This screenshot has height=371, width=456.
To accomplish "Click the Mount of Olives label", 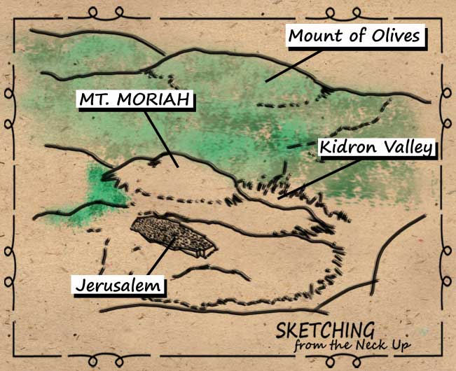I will click(355, 35).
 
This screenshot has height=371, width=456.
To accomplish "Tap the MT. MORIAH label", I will click(133, 101).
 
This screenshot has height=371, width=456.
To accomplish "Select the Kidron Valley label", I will click(377, 147).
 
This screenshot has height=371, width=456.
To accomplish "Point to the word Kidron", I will click(347, 147).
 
